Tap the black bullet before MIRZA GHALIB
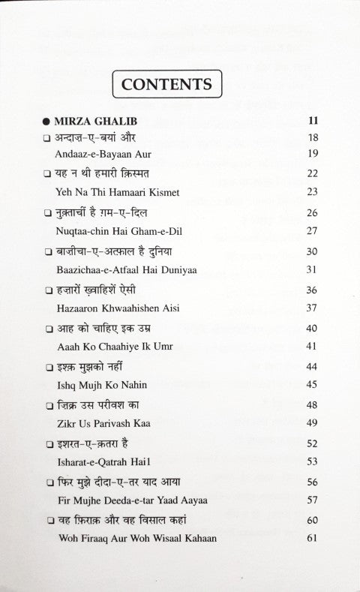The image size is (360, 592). coord(46,121)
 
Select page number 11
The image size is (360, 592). coord(313,121)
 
